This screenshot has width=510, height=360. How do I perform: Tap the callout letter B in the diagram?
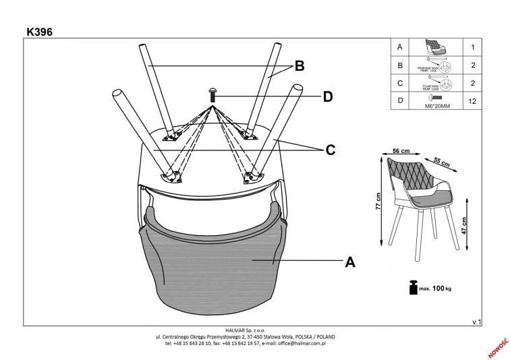click(300, 67)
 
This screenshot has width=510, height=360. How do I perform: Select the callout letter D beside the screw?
click(327, 97)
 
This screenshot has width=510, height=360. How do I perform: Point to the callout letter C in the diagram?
click(331, 150)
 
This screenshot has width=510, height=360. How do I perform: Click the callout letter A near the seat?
click(349, 262)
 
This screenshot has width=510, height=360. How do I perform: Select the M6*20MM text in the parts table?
click(434, 105)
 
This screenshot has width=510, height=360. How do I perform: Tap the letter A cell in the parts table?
click(401, 47)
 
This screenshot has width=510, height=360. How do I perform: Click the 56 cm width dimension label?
click(403, 152)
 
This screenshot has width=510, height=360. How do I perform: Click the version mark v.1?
click(476, 323)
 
